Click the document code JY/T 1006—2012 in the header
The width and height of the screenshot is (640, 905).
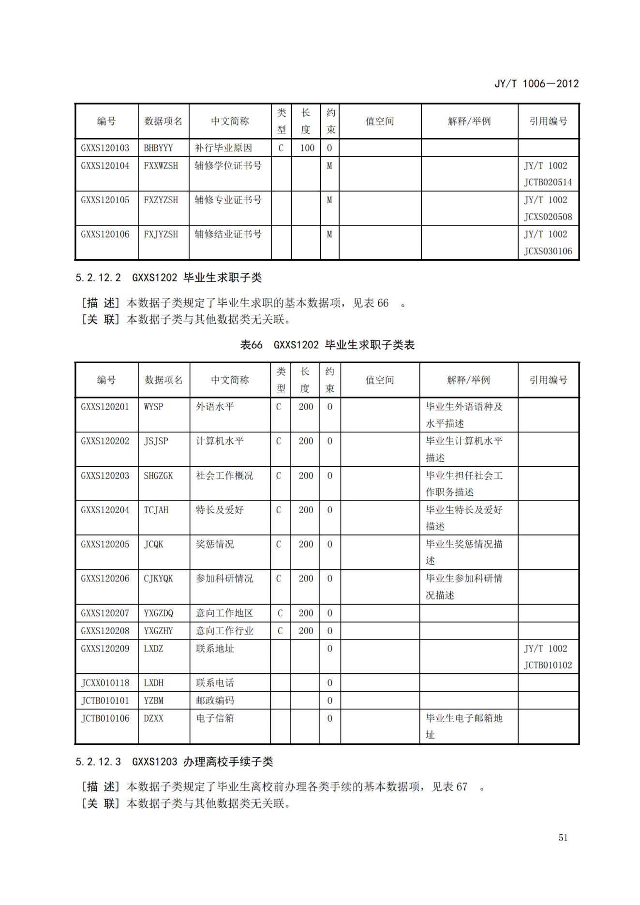pos(536,84)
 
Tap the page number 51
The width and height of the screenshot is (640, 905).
pos(563,838)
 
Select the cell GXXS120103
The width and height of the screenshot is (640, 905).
pos(105,148)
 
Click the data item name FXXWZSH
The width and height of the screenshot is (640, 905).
pos(161,165)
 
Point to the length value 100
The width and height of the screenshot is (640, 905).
pos(307,148)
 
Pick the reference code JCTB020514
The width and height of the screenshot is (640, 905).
pos(548,182)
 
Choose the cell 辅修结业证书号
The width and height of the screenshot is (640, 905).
pos(228,234)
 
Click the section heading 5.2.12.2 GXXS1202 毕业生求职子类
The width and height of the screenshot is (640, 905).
pos(168,278)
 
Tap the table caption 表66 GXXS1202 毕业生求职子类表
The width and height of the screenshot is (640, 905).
pos(327,345)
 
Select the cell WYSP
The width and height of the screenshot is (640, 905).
pos(153,407)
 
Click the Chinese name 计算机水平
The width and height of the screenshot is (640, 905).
pos(220,441)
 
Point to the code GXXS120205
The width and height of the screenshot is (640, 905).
pos(105,544)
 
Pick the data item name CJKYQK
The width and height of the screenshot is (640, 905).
pos(158,579)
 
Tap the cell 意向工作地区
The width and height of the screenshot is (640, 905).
pos(224,613)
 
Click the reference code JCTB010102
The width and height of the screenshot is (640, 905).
pos(548,665)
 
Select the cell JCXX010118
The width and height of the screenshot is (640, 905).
pos(105,683)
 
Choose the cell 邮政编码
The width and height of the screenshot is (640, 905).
pos(215,700)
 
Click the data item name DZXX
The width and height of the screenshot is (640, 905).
pos(153,718)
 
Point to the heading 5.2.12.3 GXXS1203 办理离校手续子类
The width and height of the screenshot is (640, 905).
pos(174,762)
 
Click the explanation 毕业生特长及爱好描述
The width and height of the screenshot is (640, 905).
pos(463,518)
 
